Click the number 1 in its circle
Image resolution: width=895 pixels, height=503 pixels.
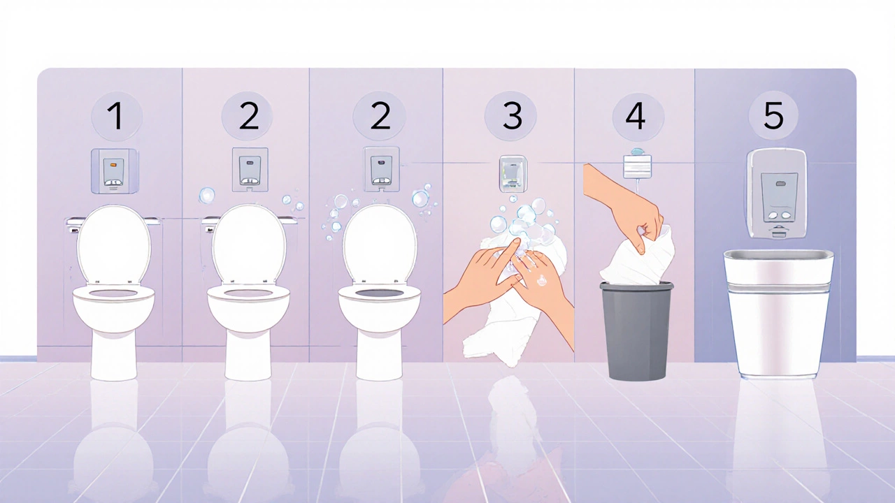tap(117, 116)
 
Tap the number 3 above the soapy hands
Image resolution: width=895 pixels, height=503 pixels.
tap(513, 116)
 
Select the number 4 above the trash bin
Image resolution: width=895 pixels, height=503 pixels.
tap(636, 116)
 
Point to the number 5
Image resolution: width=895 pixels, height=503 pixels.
tap(773, 115)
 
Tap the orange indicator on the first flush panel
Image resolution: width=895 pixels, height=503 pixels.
tap(113, 163)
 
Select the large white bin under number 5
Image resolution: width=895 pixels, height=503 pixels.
tap(778, 314)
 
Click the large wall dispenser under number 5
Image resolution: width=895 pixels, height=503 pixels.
tap(776, 194)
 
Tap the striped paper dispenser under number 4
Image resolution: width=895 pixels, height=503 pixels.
tap(638, 166)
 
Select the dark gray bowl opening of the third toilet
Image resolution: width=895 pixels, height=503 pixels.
tap(380, 293)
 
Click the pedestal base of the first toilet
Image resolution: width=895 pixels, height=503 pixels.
tap(114, 356)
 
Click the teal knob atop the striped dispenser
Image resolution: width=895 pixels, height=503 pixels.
tap(638, 152)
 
